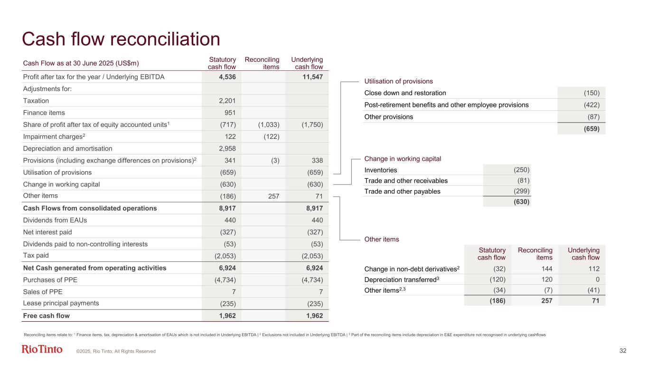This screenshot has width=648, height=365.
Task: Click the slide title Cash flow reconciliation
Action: (x=122, y=39)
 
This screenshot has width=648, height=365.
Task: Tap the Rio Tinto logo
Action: (x=42, y=350)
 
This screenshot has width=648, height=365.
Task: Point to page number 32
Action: (x=623, y=351)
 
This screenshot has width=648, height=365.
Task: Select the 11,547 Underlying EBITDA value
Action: (x=313, y=77)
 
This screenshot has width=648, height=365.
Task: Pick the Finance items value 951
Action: (x=230, y=113)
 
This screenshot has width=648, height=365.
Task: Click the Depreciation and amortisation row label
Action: (x=67, y=148)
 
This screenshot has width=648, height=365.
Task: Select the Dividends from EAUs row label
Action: (x=55, y=220)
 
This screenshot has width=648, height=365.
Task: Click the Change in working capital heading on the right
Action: (x=403, y=158)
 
